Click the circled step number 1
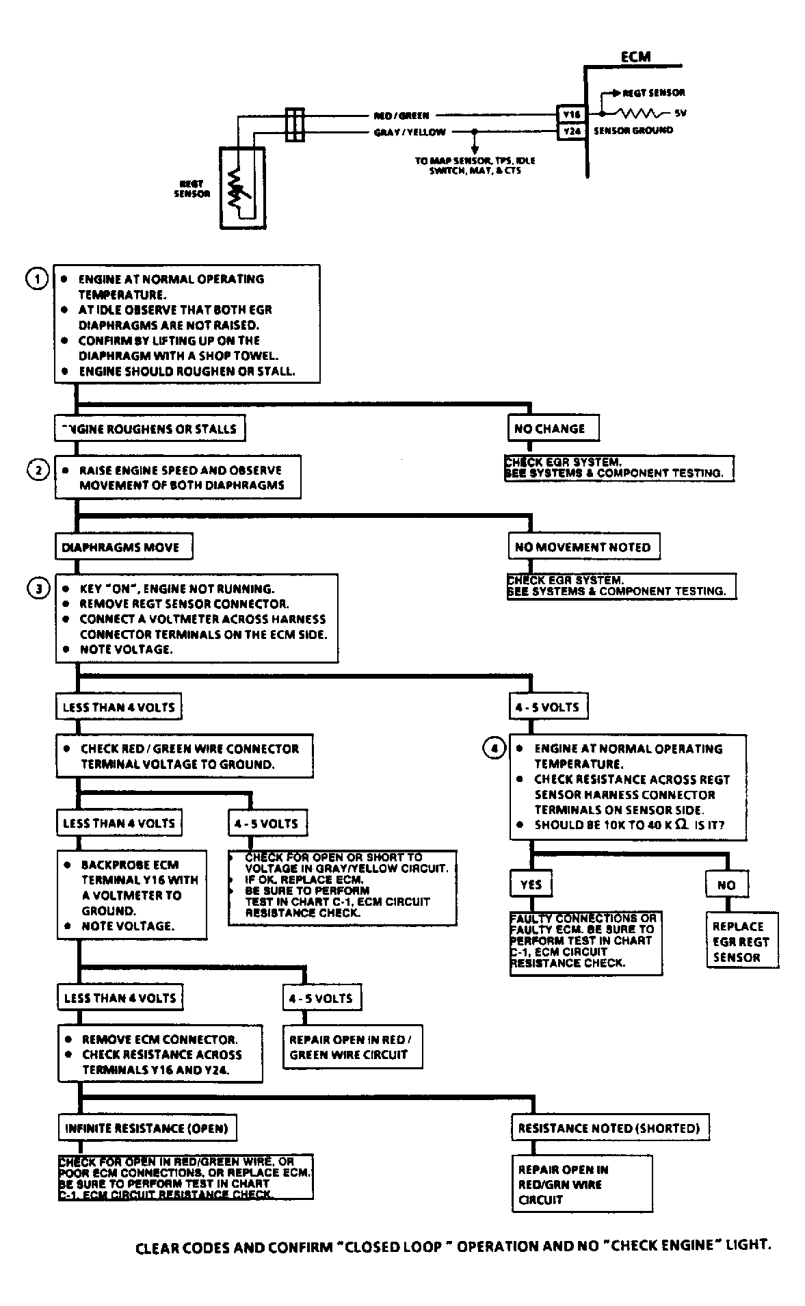(36, 279)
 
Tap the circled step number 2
(38, 471)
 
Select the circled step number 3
(38, 588)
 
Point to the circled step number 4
(494, 748)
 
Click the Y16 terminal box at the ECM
(570, 115)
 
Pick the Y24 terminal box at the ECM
(570, 131)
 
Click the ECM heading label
(635, 57)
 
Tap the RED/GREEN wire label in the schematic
(401, 116)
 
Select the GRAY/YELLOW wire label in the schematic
(409, 132)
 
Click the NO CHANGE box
(553, 428)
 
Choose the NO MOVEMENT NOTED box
(583, 547)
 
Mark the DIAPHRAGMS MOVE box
(123, 547)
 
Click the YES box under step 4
(531, 884)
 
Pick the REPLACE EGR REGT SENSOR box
(742, 941)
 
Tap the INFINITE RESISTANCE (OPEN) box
(146, 1128)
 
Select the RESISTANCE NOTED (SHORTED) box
(609, 1128)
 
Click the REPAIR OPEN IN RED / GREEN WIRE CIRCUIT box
(352, 1047)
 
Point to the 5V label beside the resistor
(680, 114)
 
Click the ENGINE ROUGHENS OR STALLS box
(150, 429)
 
